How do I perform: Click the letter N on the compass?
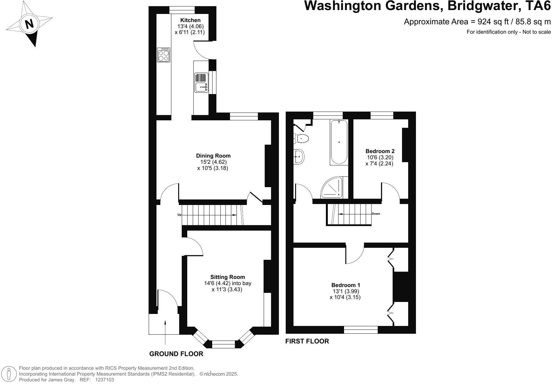(29, 24)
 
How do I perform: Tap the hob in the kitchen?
(164, 55)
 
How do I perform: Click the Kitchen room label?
(190, 20)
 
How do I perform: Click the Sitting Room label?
(227, 277)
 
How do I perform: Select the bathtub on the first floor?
(339, 142)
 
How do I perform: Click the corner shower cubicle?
(332, 188)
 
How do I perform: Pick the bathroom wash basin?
(299, 157)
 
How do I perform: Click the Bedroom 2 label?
(380, 151)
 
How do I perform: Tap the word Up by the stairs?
(179, 215)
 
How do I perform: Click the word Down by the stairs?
(376, 214)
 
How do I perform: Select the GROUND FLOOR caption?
(176, 354)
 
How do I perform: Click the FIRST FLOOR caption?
(307, 341)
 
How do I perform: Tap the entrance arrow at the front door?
(165, 331)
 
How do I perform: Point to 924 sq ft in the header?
(491, 22)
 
